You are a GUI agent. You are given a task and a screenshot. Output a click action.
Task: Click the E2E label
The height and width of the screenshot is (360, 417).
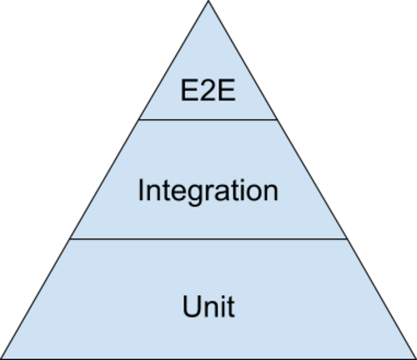coord(208,90)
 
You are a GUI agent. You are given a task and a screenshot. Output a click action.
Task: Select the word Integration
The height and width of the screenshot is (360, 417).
coord(208,190)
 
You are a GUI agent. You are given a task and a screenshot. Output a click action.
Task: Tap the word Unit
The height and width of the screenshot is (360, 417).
coord(208,307)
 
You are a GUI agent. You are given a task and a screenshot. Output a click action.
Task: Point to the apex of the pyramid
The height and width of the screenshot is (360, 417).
coord(208,1)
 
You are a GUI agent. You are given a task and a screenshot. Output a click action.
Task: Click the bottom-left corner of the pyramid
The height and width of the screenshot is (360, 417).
coord(1,359)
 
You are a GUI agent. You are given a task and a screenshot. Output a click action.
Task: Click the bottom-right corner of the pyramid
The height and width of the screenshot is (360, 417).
coord(416,359)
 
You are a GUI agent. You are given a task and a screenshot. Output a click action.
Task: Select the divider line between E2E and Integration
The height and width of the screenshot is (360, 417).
coord(208,120)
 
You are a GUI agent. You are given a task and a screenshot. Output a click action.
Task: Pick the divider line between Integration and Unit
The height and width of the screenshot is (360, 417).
coord(208,238)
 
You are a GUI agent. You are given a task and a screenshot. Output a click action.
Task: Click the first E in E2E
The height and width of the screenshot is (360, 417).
coord(189,90)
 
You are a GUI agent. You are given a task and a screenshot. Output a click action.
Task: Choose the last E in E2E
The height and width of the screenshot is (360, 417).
coord(226,90)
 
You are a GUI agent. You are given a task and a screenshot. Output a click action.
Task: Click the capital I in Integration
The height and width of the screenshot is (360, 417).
coord(140,190)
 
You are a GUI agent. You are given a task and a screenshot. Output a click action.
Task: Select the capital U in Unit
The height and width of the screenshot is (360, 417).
coord(192,307)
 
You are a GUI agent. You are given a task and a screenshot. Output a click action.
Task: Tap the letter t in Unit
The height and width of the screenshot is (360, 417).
coord(230,307)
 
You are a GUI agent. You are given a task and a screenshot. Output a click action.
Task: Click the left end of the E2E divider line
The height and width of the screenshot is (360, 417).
coord(139,120)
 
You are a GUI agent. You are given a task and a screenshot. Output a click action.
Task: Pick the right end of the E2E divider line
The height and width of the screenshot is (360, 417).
coord(277,120)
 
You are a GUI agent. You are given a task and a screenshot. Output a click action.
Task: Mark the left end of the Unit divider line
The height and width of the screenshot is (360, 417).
coord(70,238)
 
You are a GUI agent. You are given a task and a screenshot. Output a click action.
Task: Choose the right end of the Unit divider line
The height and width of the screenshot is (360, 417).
coord(347,238)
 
